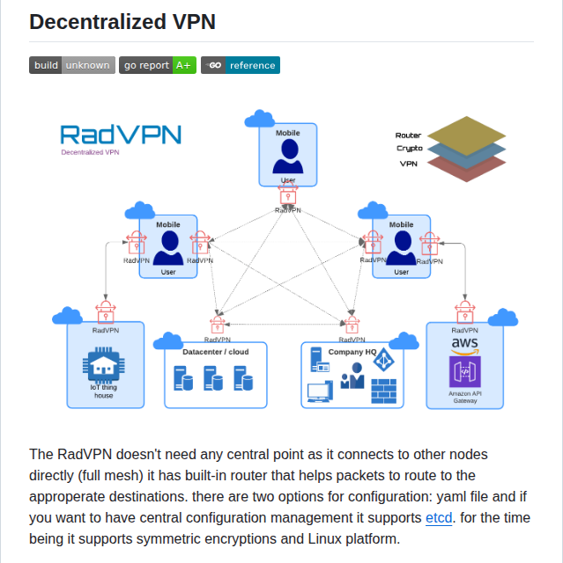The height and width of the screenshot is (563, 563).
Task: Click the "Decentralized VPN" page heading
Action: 122,22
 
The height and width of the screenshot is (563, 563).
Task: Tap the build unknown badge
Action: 71,65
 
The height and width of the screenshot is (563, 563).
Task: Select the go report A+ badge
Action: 157,65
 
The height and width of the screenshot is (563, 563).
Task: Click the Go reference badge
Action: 240,65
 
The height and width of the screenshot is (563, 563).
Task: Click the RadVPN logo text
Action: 121,135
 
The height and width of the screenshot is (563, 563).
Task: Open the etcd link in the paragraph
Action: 439,518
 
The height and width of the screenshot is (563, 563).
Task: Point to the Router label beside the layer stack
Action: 408,135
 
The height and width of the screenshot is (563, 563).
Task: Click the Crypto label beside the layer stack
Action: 409,149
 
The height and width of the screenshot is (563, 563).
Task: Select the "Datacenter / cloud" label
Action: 215,352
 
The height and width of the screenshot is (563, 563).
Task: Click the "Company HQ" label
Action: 352,352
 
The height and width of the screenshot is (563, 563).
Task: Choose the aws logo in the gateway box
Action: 464,345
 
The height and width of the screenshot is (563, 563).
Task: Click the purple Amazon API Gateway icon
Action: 464,372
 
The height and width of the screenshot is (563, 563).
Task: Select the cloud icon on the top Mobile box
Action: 260,119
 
